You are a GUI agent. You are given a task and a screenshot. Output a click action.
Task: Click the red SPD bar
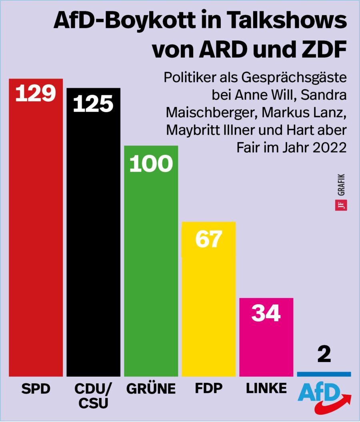(x=36, y=240)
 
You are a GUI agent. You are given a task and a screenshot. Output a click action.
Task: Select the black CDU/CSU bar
(x=93, y=248)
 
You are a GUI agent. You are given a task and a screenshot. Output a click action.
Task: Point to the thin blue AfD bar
(x=324, y=374)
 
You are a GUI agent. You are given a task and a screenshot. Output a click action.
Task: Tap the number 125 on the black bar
(x=93, y=103)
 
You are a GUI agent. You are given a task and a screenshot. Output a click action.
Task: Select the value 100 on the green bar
(x=151, y=164)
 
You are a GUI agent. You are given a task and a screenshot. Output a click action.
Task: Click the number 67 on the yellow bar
(x=208, y=239)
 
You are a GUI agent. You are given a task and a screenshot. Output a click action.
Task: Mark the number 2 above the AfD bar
(x=324, y=355)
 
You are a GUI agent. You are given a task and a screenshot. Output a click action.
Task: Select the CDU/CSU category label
(x=93, y=396)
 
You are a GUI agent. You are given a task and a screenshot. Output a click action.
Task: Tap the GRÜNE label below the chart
(x=151, y=388)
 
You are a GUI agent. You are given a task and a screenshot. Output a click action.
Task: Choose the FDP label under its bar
(x=208, y=388)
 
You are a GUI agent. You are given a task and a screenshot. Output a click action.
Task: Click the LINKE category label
(x=266, y=388)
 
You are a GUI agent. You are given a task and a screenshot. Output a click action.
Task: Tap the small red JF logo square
(x=341, y=205)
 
